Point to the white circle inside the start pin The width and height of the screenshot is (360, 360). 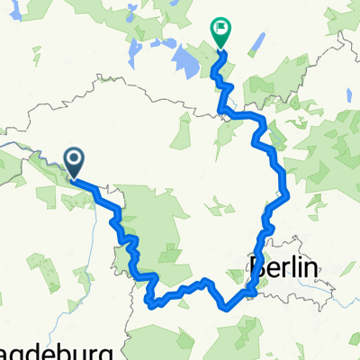click(x=73, y=159)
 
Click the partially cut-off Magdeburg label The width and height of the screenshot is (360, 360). click(x=54, y=351)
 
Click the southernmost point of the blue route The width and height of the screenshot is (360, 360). click(x=151, y=304)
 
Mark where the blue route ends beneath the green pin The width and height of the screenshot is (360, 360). click(x=220, y=53)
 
